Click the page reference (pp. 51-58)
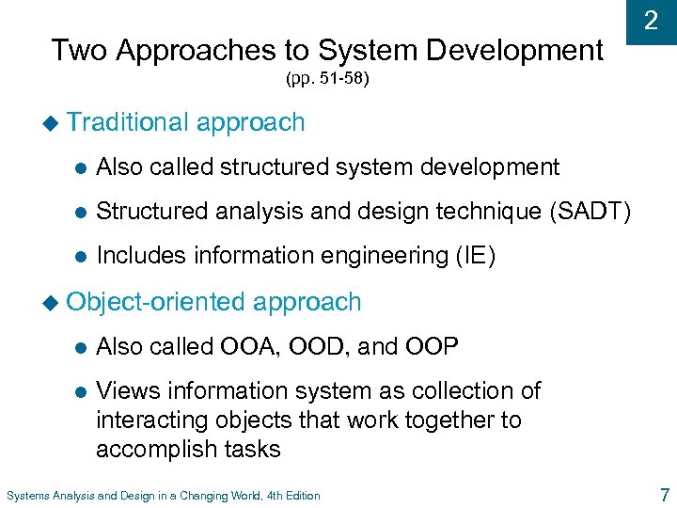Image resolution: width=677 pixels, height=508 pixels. pyautogui.click(x=327, y=79)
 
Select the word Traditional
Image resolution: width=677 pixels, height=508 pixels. pyautogui.click(x=129, y=122)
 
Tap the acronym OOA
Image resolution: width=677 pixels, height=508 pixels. pyautogui.click(x=248, y=347)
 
